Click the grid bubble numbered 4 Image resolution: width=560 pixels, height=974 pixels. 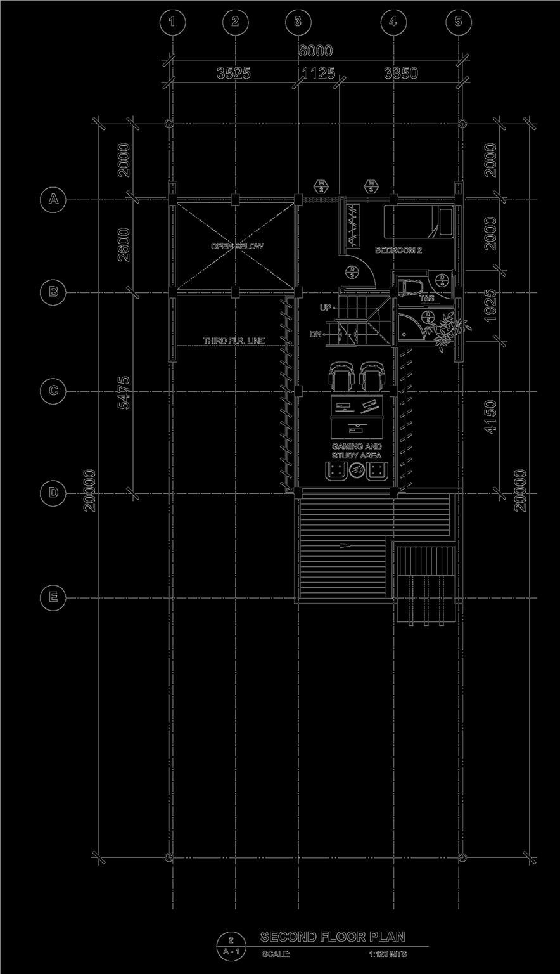[393, 22]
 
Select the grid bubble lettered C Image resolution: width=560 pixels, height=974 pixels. [53, 390]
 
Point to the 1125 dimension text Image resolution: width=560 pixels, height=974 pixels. [318, 74]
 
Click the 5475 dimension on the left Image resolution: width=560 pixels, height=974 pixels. [124, 393]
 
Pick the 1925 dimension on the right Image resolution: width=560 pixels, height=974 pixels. [492, 306]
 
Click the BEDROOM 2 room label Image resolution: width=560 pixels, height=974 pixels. [398, 250]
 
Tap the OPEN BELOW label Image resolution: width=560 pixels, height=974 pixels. [237, 246]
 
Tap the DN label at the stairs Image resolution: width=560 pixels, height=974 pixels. [315, 334]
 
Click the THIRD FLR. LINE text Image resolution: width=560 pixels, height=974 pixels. [234, 341]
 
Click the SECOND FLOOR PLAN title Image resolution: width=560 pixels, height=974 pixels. [333, 937]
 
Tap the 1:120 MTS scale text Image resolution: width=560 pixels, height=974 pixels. [388, 953]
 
